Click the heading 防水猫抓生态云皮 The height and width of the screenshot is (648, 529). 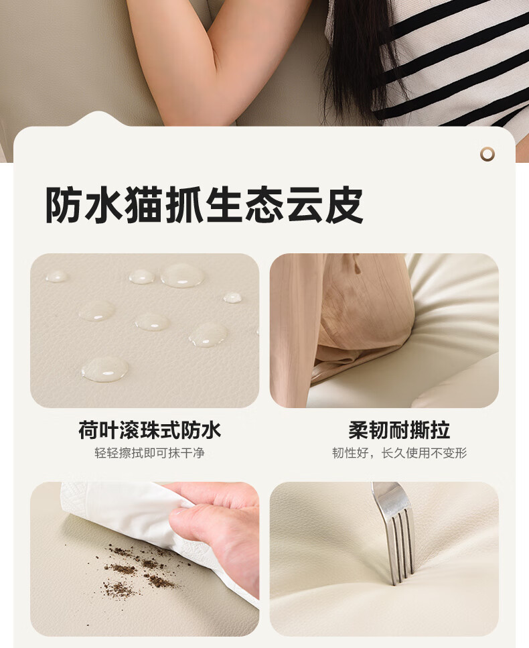[x=204, y=205]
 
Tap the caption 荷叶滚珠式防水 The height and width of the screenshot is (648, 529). [x=149, y=430]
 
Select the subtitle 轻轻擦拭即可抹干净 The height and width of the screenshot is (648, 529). [x=149, y=453]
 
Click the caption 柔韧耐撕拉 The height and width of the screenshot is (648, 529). [x=399, y=430]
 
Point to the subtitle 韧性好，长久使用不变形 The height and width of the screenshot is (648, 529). [x=399, y=453]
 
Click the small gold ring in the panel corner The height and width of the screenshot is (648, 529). [x=487, y=154]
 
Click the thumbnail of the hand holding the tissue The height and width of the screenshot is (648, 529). [x=145, y=559]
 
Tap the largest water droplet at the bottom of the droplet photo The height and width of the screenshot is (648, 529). [x=105, y=369]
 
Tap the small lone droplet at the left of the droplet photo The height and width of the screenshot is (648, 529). [x=56, y=276]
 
